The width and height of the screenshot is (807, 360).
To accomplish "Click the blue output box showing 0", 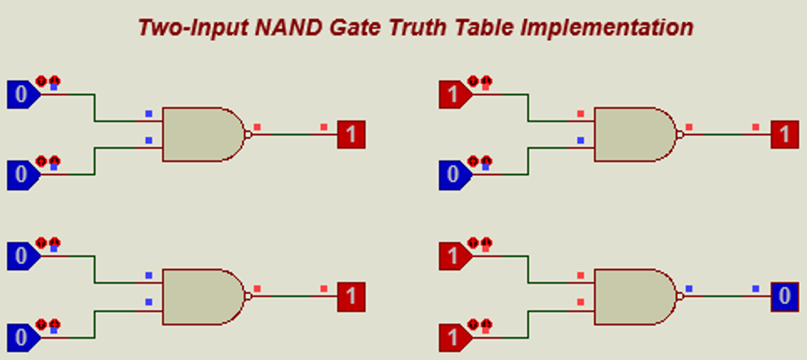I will coord(785,297).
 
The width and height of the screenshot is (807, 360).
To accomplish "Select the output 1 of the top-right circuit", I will coord(785,134).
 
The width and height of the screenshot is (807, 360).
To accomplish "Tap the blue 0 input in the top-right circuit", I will coord(451,176).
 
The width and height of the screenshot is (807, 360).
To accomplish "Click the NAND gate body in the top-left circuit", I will coord(202,134).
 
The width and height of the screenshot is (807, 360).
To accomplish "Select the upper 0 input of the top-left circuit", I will coord(20,94).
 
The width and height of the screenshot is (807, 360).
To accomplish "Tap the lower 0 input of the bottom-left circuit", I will coord(20,338).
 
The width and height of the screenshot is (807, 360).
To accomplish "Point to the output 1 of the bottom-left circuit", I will coord(352,297).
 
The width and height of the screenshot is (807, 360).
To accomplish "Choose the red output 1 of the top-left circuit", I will coord(352,134).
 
